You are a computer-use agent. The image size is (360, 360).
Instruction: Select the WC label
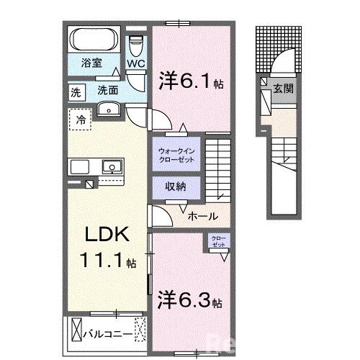pyautogui.click(x=136, y=63)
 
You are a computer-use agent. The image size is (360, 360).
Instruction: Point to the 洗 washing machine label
pyautogui.click(x=76, y=91)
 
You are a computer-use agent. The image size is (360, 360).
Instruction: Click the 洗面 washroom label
pyautogui.click(x=108, y=91)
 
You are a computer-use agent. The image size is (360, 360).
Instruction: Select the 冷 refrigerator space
pyautogui.click(x=81, y=120)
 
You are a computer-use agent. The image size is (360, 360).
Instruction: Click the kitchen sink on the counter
pyautogui.click(x=111, y=167)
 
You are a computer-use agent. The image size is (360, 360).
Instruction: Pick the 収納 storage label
pyautogui.click(x=176, y=186)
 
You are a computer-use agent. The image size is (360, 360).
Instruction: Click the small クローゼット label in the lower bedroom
pyautogui.click(x=217, y=242)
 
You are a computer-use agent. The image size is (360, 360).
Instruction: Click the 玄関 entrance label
pyautogui.click(x=282, y=89)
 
